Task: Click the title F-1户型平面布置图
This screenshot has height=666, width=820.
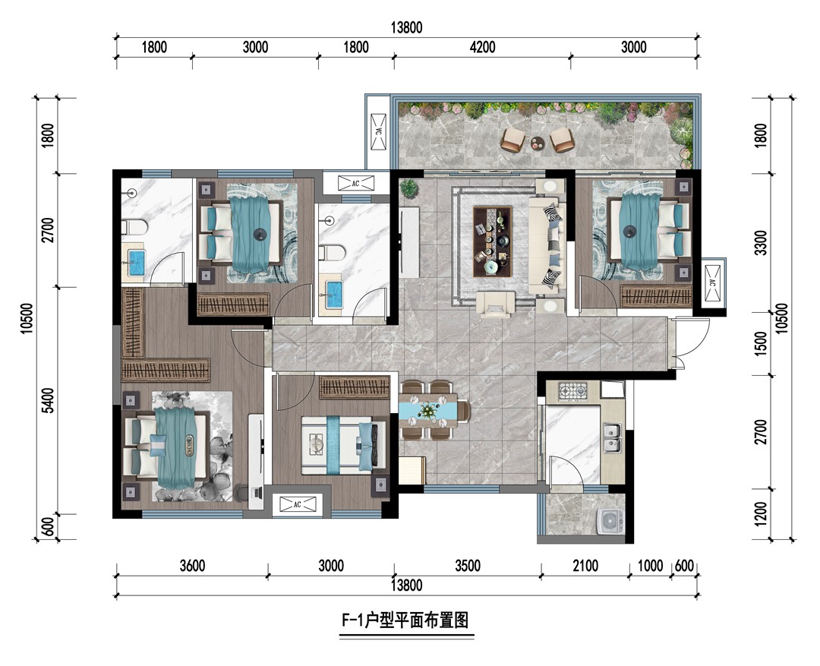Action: tap(405, 620)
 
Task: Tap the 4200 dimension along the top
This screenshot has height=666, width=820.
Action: tap(482, 47)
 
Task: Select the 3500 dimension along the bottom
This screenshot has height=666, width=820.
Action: tap(467, 566)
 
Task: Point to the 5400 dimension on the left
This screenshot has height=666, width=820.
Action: tap(48, 400)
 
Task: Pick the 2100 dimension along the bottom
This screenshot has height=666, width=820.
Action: tap(585, 566)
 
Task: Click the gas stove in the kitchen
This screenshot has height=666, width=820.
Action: tap(573, 390)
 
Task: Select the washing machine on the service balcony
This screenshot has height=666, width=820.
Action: tap(610, 520)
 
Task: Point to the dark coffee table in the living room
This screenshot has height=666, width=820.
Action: tap(492, 241)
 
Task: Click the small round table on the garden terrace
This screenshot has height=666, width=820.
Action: tap(537, 142)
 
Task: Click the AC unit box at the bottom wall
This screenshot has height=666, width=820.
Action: tap(298, 504)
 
